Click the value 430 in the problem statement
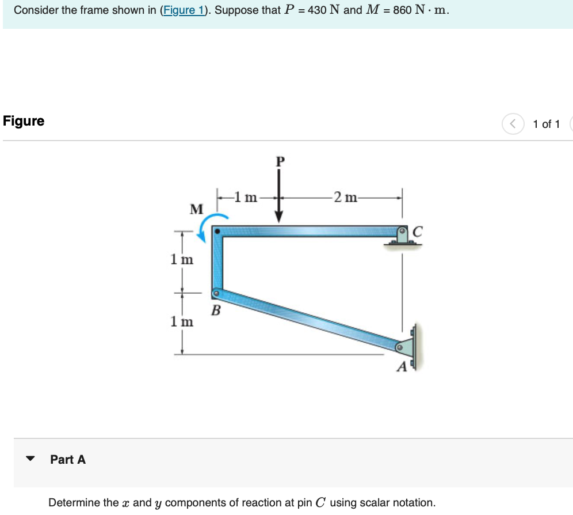tap(317, 10)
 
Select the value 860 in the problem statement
tap(402, 10)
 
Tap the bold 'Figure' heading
tap(24, 121)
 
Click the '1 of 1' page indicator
tap(546, 124)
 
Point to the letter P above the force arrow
tap(280, 161)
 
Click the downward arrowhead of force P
tap(279, 217)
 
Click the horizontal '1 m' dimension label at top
tap(247, 198)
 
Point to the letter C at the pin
tap(418, 232)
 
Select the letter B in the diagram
tap(216, 312)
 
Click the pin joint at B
tap(216, 293)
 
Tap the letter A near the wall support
tap(402, 366)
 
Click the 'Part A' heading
tap(68, 459)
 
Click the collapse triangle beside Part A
tap(30, 459)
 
